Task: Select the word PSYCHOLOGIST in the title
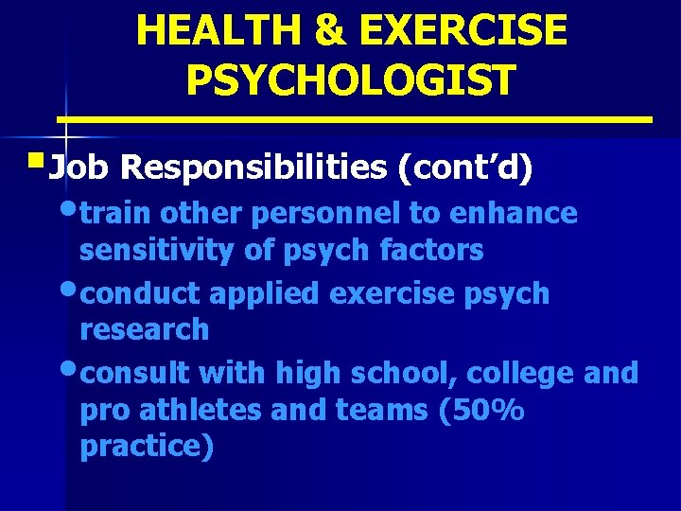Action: pos(351,79)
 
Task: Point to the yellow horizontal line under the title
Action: pos(355,120)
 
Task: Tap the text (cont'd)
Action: pos(465,167)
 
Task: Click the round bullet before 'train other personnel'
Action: pos(70,209)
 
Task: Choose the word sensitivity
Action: pos(149,250)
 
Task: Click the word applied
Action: pos(264,293)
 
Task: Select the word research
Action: pos(144,329)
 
